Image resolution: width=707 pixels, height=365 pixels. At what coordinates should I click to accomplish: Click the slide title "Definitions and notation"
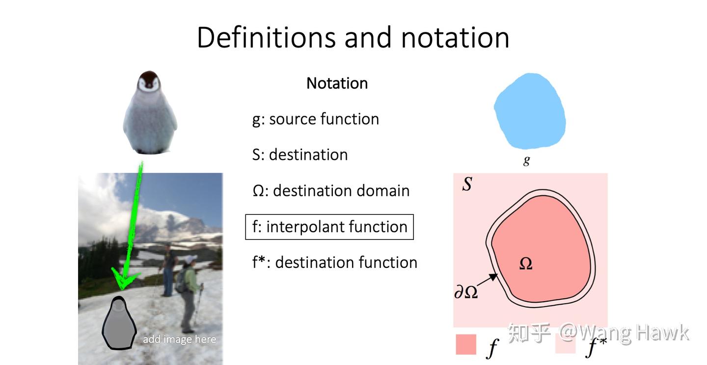pos(353,37)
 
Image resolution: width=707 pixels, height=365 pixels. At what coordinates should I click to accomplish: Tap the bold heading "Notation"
pos(337,83)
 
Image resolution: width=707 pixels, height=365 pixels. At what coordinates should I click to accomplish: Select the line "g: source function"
pos(316,119)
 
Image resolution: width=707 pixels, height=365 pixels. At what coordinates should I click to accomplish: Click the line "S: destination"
pos(300,155)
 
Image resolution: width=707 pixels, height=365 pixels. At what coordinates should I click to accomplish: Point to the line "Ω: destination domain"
pos(331,190)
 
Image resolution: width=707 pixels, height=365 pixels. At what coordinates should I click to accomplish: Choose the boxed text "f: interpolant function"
pos(329,227)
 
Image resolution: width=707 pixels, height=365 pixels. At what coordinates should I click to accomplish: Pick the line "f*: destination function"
pos(334,262)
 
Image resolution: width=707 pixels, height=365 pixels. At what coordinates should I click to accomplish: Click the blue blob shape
pos(530,111)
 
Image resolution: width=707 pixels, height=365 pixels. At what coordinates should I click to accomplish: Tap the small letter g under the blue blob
pos(526,160)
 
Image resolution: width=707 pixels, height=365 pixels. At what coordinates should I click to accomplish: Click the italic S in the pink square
pos(467,183)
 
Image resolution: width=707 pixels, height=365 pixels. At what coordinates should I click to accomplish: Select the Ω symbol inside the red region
pos(526,263)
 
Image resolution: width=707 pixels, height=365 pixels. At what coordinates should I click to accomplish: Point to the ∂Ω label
pos(466,292)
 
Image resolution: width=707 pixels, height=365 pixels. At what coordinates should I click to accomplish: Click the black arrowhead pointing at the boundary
pos(493,277)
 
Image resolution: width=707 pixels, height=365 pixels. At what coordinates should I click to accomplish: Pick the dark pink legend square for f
pos(466,344)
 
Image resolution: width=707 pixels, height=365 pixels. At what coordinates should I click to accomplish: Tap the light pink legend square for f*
pos(565,344)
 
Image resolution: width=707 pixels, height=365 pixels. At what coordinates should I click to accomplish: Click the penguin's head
pos(149,82)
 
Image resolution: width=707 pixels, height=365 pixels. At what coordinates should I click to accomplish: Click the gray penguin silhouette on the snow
pos(119,323)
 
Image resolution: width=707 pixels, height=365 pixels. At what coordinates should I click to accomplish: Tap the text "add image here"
pos(179,339)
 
